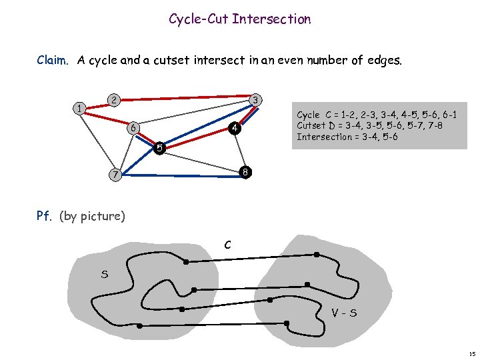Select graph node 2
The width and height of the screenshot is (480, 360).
click(x=114, y=100)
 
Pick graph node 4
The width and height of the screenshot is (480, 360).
click(x=233, y=127)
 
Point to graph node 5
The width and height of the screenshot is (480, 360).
click(x=159, y=147)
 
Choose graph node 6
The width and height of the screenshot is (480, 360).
click(x=133, y=127)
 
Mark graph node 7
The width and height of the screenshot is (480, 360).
click(x=115, y=175)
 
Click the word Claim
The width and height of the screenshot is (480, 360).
click(x=53, y=61)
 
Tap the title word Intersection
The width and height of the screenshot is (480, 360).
click(x=271, y=19)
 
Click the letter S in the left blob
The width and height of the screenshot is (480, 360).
click(x=105, y=273)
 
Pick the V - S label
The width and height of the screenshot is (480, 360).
click(x=345, y=311)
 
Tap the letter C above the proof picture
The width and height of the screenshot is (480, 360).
click(x=227, y=245)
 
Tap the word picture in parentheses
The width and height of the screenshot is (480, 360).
click(x=102, y=216)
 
